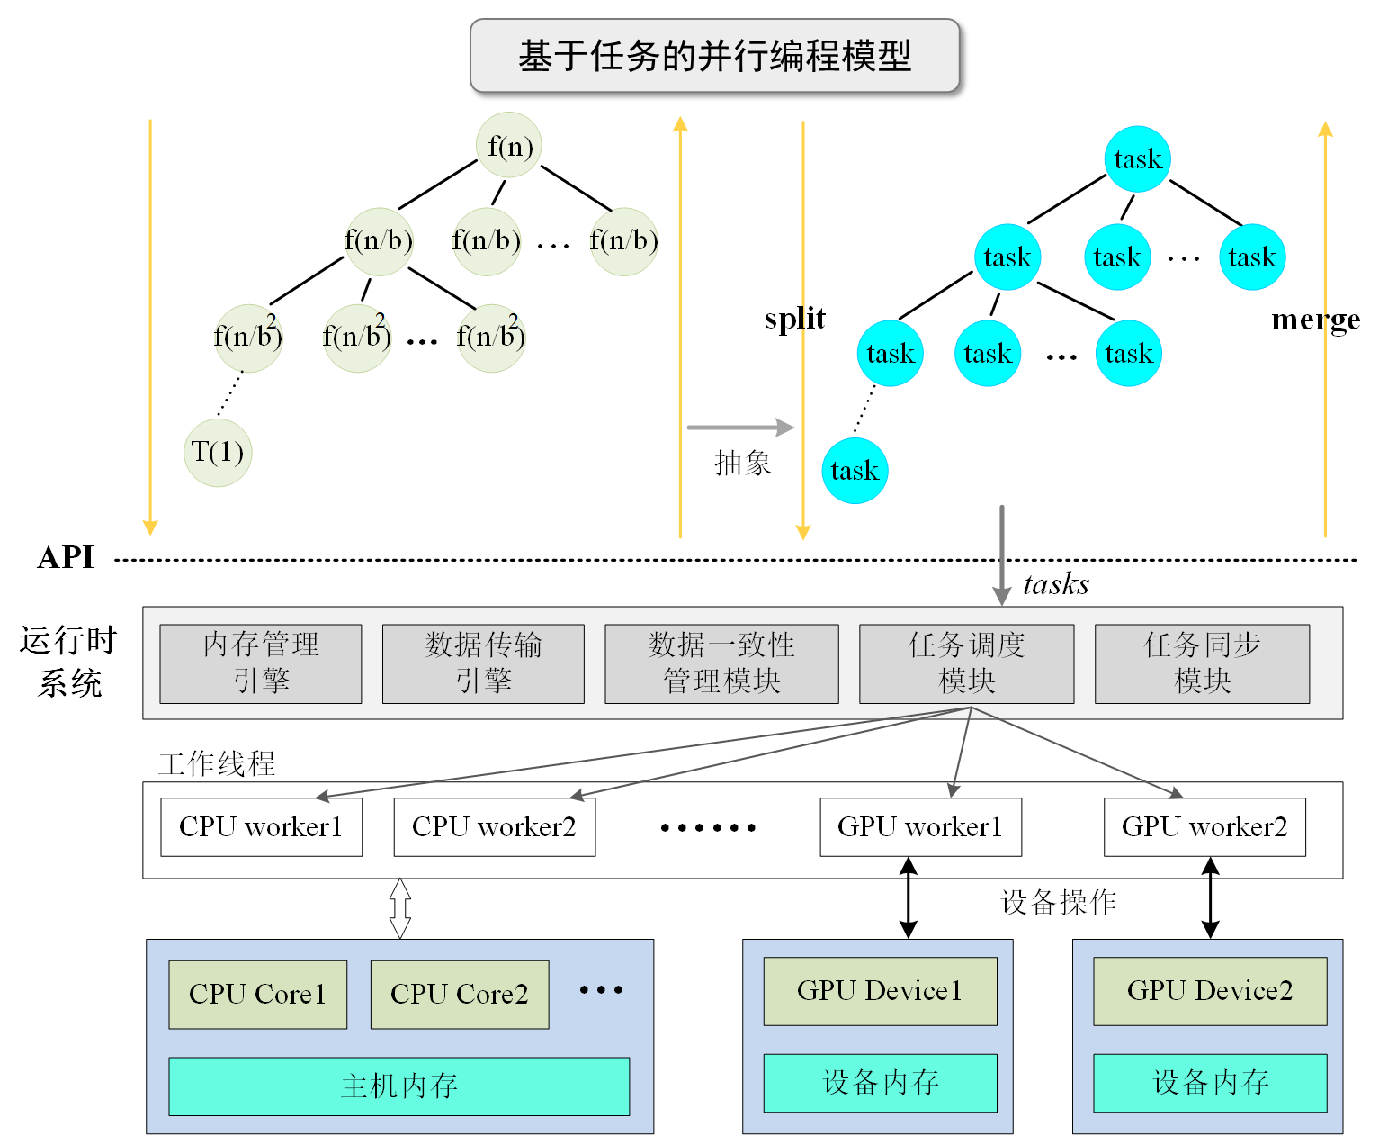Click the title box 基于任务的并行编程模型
pos(715,56)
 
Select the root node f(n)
pos(509,145)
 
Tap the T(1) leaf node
pos(218,452)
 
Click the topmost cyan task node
pos(1137,159)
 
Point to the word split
pos(794,319)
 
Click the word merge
pos(1315,320)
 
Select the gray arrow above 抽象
pos(739,428)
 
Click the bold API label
pos(66,558)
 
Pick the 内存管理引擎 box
pos(261,663)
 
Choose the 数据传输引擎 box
pos(483,663)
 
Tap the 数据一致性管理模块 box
pos(721,663)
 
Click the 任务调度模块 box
pos(966,663)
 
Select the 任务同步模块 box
pos(1202,663)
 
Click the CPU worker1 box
pos(261,826)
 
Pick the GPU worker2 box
pos(1204,826)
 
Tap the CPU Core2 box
pos(459,994)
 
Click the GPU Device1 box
pos(880,991)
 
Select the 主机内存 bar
pos(398,1086)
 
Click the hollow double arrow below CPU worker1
pos(400,908)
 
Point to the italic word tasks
pos(1056,585)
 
